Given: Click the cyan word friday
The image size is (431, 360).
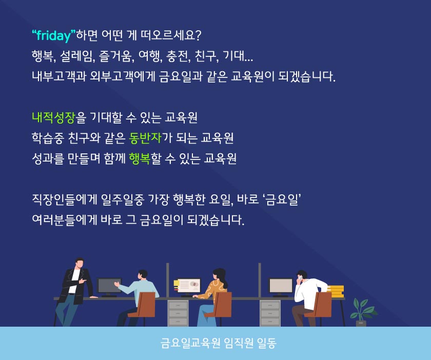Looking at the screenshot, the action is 53,35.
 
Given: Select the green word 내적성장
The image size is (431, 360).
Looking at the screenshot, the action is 53,117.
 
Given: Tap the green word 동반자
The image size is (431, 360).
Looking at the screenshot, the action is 145,138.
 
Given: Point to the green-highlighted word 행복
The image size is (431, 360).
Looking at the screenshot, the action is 140,158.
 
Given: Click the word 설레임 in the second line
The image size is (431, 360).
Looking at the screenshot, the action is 77,56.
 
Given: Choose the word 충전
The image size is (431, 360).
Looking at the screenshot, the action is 179,56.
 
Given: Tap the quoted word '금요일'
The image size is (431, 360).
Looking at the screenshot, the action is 282,200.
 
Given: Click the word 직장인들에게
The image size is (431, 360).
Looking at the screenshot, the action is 65,200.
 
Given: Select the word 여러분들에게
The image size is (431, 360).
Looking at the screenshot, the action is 65,220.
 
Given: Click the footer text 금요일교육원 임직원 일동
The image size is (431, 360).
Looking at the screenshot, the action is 218,343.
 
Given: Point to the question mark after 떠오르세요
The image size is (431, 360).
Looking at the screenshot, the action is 199,35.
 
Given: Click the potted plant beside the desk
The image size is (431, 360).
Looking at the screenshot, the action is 362,312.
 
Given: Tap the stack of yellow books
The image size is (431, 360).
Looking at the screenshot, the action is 336,291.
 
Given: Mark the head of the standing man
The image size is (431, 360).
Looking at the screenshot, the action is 80,263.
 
